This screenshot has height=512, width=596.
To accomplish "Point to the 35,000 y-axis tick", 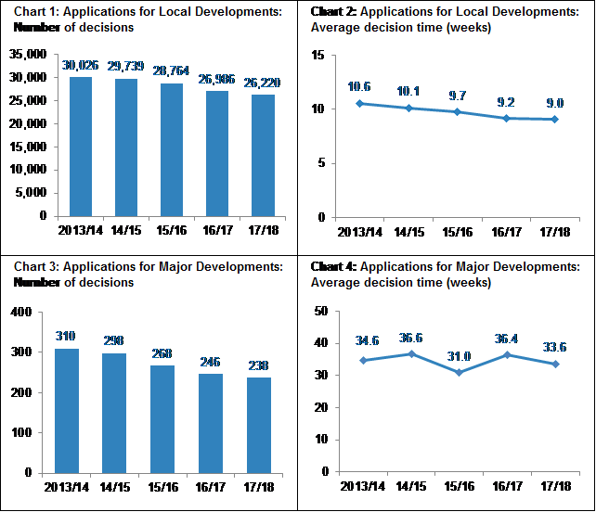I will (31, 55).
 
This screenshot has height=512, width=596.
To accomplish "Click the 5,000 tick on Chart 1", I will (33, 193).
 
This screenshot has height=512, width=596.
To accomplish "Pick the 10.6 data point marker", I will (359, 103).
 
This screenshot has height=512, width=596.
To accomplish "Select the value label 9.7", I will (459, 96).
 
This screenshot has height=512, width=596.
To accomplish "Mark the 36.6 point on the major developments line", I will (409, 354).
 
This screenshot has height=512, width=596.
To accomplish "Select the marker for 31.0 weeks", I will (459, 372).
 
